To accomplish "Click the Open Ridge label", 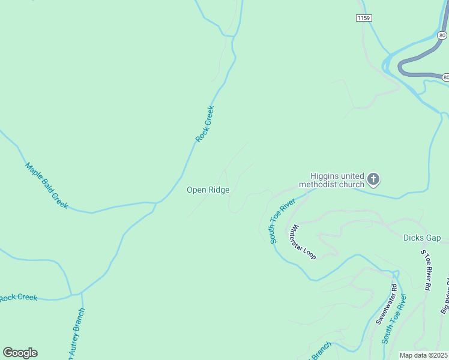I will (x=208, y=190).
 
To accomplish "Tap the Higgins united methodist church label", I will (x=332, y=180).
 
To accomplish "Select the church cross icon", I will (x=373, y=179).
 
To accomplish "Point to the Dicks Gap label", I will (x=422, y=238).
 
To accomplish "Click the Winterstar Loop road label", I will (x=302, y=242).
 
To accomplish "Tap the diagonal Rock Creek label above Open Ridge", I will (x=205, y=124).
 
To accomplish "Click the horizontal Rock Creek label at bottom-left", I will (x=18, y=298).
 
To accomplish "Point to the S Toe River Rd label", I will (x=426, y=271).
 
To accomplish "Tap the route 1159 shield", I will (x=363, y=18).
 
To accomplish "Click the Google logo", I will (x=20, y=353).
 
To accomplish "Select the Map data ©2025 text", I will (x=424, y=355).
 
